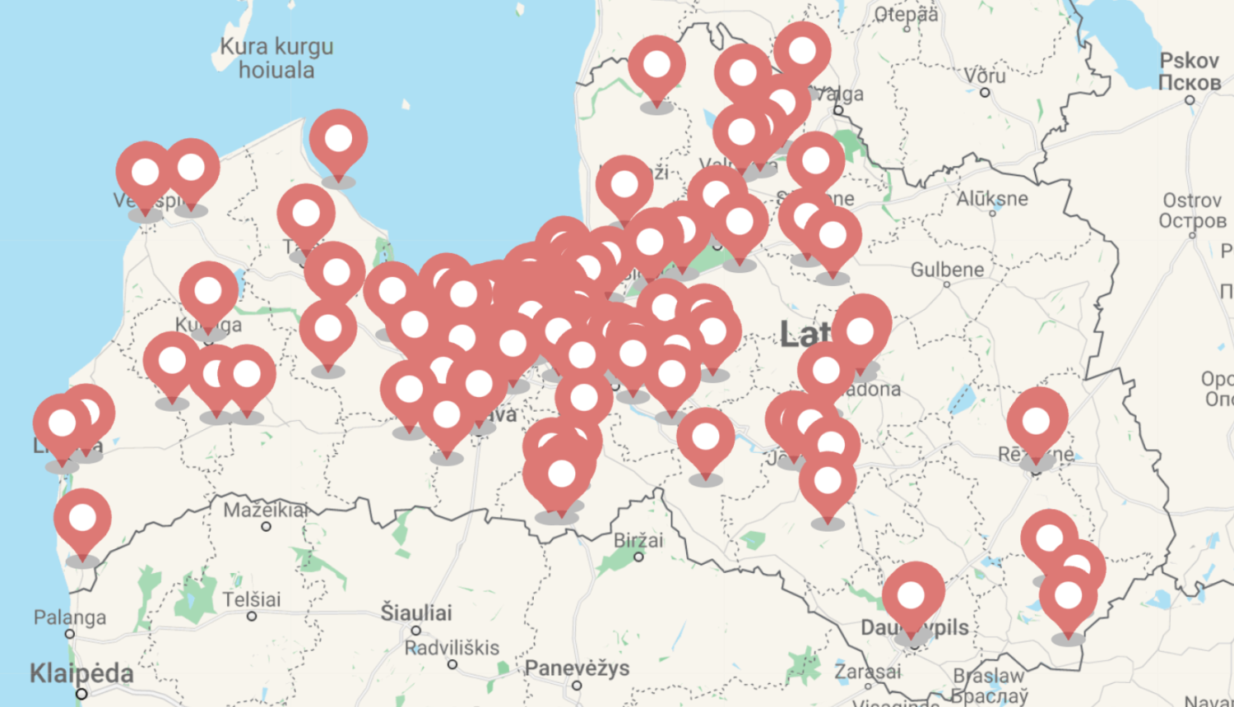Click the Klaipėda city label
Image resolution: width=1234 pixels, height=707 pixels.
81,673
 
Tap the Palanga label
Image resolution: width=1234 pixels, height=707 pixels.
70,617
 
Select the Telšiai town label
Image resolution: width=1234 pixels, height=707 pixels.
252,599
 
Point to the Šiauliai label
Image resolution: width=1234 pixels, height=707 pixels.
416,612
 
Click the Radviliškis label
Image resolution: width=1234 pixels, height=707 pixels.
452,648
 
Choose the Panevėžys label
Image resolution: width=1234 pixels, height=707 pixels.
577,668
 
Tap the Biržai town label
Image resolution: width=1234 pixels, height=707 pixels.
638,541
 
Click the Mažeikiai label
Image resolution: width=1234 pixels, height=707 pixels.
265,511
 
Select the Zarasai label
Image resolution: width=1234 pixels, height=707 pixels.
867,672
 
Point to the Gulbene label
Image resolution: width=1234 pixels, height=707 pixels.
947,270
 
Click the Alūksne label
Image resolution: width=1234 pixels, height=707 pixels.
992,198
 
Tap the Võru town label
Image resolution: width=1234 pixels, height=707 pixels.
985,76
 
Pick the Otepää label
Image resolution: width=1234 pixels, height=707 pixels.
906,14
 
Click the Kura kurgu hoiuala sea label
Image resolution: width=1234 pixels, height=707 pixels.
276,58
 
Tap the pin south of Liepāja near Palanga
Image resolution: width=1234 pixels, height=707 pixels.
82,520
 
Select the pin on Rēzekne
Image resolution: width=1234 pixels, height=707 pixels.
1037,421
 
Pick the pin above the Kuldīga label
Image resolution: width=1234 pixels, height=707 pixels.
208,292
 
